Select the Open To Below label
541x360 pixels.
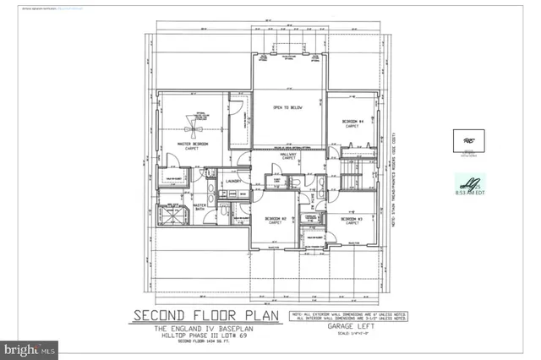[287, 108]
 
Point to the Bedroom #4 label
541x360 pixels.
[352, 123]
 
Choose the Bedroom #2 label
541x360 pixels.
[276, 221]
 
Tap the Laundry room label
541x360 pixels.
[234, 181]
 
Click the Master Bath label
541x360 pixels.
[202, 206]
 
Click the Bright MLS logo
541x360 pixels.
[29, 347]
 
